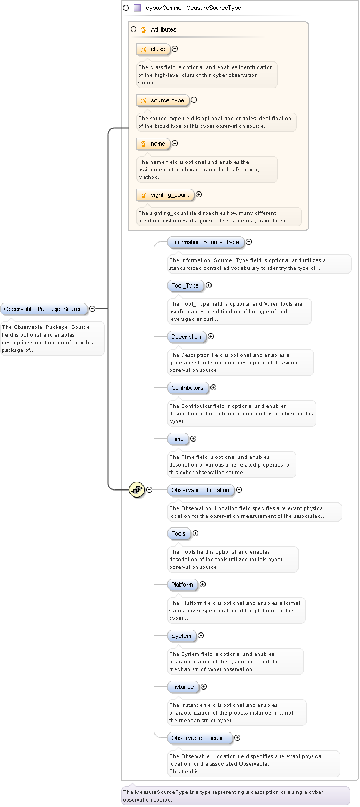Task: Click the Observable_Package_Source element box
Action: (x=44, y=309)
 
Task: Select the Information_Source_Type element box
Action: (x=205, y=242)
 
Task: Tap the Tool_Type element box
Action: (x=185, y=285)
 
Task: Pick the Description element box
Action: (x=186, y=337)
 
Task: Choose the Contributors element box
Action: (x=188, y=388)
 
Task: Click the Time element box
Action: (x=178, y=439)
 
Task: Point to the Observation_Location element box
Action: (x=200, y=490)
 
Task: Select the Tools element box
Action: (x=179, y=533)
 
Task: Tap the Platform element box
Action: (x=182, y=585)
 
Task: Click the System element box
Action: (x=181, y=636)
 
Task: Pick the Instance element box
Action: (x=183, y=687)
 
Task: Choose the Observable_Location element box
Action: (x=200, y=738)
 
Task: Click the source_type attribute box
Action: (x=163, y=100)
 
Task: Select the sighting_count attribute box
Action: (x=165, y=195)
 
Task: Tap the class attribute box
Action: (x=153, y=49)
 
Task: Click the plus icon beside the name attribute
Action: (x=175, y=144)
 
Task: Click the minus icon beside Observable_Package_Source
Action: (x=92, y=309)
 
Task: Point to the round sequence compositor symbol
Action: (x=136, y=489)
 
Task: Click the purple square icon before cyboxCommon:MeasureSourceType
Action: (x=138, y=8)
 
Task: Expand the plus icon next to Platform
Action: (x=203, y=585)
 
